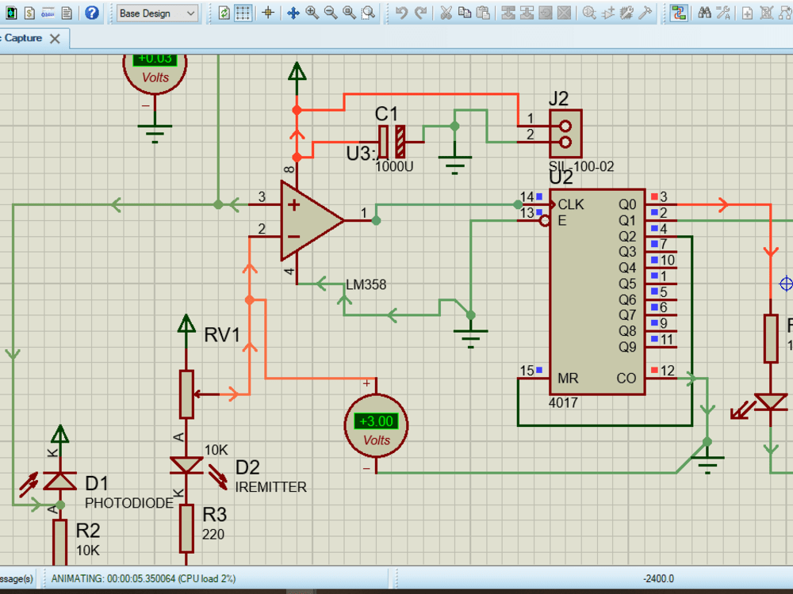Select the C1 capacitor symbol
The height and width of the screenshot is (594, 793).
(x=392, y=141)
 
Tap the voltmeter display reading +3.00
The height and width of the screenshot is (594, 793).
(x=375, y=421)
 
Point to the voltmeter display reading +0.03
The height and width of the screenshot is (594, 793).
(x=155, y=59)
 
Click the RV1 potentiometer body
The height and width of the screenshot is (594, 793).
(x=186, y=394)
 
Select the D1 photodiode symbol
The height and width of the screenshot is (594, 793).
(x=59, y=481)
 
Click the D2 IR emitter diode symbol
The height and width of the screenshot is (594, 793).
(x=186, y=465)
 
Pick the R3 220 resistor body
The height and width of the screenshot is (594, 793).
(x=186, y=528)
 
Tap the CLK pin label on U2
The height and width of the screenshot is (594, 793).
(x=571, y=204)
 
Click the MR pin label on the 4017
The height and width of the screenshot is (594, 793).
(x=568, y=379)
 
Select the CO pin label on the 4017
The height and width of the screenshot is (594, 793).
(x=626, y=379)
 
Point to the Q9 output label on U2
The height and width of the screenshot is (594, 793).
(x=626, y=347)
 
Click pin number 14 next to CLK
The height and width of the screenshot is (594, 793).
(x=527, y=196)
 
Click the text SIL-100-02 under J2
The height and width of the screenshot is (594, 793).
(x=580, y=167)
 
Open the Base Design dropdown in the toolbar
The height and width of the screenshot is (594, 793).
(x=157, y=13)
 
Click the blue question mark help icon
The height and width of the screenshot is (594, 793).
(x=92, y=13)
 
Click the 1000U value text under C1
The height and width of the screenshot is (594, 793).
(x=393, y=167)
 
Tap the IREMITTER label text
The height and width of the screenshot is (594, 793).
(x=270, y=487)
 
